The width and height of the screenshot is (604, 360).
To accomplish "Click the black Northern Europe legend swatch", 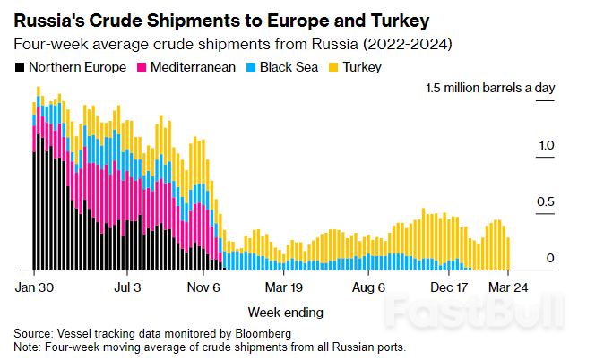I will (x=20, y=67).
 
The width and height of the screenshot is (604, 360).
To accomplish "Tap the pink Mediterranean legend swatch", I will (x=141, y=67).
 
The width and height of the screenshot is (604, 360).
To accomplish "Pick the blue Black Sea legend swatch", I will (x=253, y=67).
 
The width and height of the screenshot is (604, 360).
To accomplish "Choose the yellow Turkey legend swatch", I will (x=334, y=67).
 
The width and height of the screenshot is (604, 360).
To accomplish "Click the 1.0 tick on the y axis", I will (x=546, y=145).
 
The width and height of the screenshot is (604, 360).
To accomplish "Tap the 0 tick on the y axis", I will (x=550, y=259).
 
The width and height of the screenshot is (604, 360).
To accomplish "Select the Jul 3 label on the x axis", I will (x=129, y=288).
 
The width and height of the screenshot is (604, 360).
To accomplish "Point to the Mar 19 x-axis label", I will (x=284, y=288).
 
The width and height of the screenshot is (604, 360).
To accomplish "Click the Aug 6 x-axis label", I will (x=368, y=288).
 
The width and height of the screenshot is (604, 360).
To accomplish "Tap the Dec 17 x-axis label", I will (x=450, y=288).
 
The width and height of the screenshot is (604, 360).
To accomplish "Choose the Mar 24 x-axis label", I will (x=507, y=288).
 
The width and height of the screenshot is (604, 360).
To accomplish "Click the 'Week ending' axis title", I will (x=285, y=313).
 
